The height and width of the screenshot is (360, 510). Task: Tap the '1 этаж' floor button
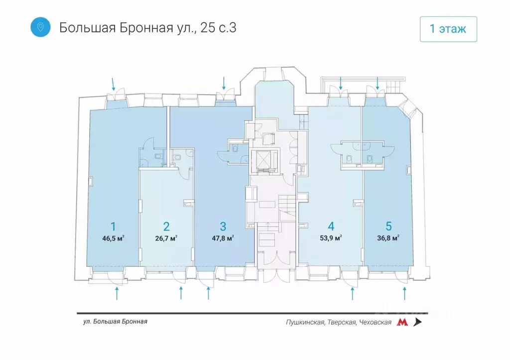tap(448, 29)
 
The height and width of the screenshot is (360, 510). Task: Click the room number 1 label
tap(113, 227)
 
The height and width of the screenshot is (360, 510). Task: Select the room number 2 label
tap(166, 227)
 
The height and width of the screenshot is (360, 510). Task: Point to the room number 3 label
tap(223, 227)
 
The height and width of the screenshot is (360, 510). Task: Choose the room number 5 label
tap(388, 227)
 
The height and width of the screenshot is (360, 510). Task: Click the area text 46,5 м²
tap(113, 239)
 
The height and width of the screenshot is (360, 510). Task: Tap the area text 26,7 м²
tap(166, 239)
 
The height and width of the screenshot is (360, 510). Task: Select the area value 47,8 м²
tap(223, 239)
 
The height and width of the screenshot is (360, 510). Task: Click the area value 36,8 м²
tap(388, 239)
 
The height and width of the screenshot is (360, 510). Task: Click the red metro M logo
tap(402, 322)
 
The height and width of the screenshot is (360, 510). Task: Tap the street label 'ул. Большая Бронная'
tap(116, 322)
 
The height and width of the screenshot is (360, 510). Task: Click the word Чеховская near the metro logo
tap(375, 323)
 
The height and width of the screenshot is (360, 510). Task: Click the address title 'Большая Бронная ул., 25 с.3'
tap(147, 27)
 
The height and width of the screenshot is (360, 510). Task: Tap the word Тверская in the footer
tap(342, 323)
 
